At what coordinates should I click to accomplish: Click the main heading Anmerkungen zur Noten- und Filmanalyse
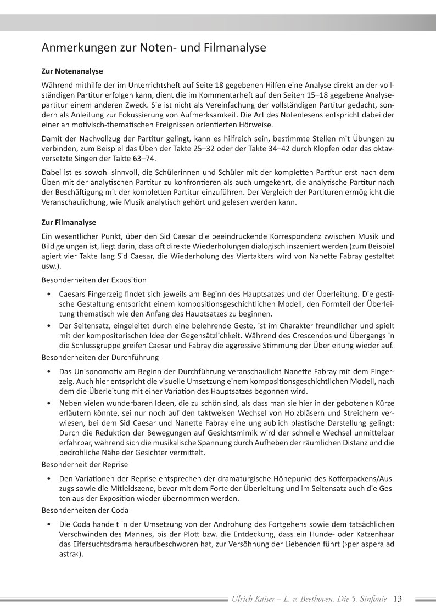(154, 48)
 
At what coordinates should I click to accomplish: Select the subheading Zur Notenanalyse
(72, 71)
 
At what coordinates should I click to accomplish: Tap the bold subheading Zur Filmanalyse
(69, 222)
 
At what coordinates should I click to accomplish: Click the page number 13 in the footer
(398, 599)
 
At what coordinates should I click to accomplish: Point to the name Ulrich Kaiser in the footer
(254, 599)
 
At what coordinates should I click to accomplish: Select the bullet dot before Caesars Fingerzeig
(50, 294)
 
